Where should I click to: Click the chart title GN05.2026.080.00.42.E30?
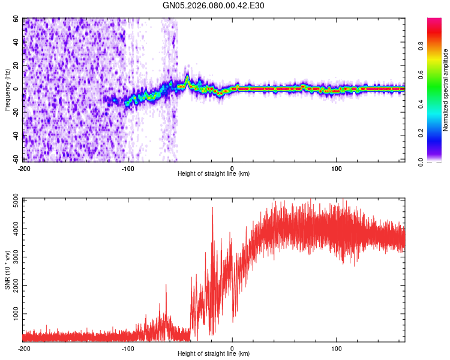[x=214, y=7]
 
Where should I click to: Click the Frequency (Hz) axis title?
[x=7, y=89]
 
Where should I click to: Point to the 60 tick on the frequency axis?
[x=17, y=19]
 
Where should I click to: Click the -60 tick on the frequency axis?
[x=16, y=159]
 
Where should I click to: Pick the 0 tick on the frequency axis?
[x=19, y=89]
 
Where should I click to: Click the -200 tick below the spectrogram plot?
[x=24, y=168]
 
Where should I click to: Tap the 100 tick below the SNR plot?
[x=337, y=349]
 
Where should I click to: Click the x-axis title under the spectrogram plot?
[x=214, y=174]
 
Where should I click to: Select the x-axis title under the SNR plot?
[x=214, y=354]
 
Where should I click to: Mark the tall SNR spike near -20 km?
[x=212, y=209]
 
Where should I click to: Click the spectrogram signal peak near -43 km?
[x=187, y=76]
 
